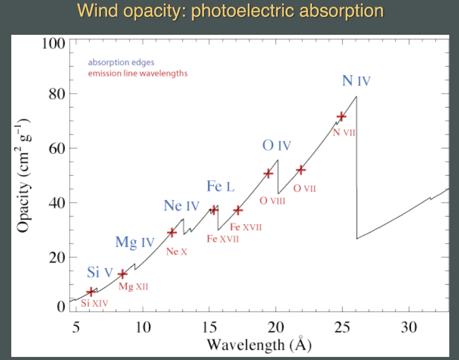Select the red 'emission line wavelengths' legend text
pyautogui.click(x=137, y=73)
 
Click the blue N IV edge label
pyautogui.click(x=356, y=81)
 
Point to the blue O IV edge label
pyautogui.click(x=277, y=146)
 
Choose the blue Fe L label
pyautogui.click(x=220, y=186)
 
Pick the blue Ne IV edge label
pyautogui.click(x=181, y=206)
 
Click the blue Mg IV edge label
pyautogui.click(x=134, y=242)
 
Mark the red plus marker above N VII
pyautogui.click(x=341, y=117)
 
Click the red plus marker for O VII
pyautogui.click(x=301, y=170)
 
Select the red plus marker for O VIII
pyautogui.click(x=268, y=174)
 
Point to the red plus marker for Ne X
pyautogui.click(x=172, y=232)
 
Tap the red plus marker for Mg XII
pyautogui.click(x=122, y=274)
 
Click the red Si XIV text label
pyautogui.click(x=95, y=303)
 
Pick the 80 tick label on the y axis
pyautogui.click(x=51, y=94)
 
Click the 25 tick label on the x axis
pyautogui.click(x=342, y=327)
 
